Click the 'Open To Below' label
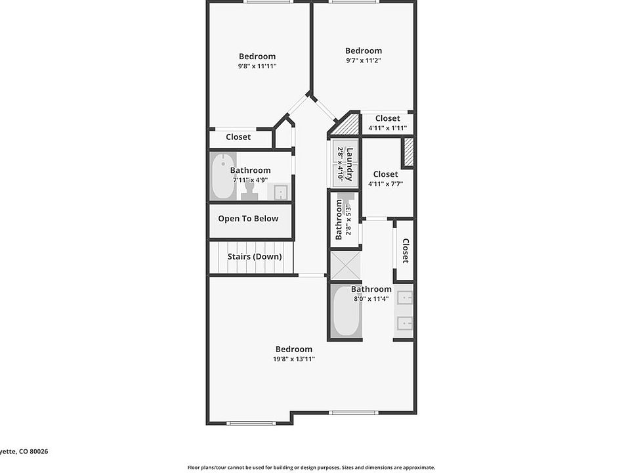point(248,219)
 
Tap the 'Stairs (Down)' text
point(255,257)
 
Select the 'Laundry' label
point(350,164)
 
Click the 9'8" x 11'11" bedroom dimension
point(257,66)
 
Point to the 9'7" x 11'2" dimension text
point(364,60)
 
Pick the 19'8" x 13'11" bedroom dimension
point(294,359)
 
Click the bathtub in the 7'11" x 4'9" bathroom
point(224,176)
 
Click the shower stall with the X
point(345,265)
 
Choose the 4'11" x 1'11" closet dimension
point(387,128)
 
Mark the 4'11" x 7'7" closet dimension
point(385,184)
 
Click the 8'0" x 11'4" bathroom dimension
point(371,298)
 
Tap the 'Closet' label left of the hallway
point(238,137)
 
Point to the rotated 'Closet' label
point(406,250)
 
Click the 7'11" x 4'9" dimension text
point(250,180)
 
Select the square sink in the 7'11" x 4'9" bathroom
point(280,192)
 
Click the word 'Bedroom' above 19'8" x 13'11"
point(294,349)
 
